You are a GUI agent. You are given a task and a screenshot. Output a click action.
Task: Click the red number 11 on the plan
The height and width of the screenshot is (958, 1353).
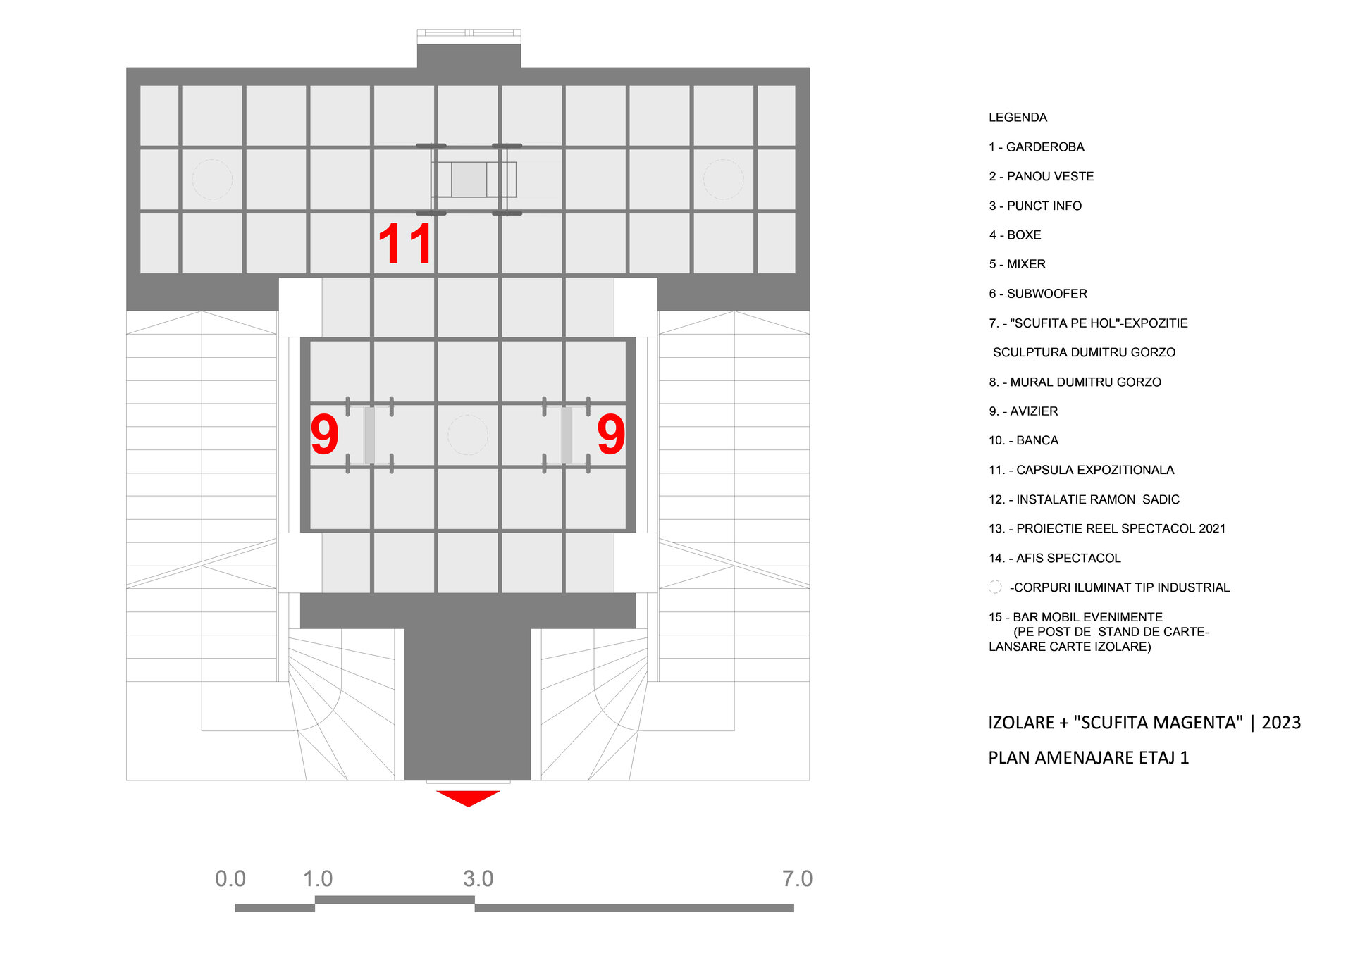(405, 244)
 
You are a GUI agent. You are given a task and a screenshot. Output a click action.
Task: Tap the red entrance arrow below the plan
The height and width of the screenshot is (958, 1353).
(468, 798)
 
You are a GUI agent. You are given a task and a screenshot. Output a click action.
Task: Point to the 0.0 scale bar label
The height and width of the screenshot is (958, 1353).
(230, 878)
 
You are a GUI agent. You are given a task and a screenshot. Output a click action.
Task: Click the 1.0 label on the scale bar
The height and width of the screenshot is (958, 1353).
(318, 878)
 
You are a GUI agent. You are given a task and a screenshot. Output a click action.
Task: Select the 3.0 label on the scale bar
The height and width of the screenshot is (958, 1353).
(478, 878)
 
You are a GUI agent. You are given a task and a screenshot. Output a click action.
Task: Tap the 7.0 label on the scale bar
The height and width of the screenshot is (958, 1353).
(798, 878)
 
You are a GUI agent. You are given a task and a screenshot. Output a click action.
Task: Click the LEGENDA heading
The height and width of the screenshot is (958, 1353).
(1018, 118)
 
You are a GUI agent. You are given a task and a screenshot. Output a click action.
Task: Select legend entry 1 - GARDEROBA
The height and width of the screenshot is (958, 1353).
(1037, 147)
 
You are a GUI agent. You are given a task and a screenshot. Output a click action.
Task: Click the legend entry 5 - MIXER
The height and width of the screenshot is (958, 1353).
(1018, 264)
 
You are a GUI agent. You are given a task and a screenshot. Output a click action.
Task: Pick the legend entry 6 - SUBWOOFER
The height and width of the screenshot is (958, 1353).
(1038, 294)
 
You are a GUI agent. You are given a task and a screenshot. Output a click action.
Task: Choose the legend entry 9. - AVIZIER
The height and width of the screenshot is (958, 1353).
(1023, 411)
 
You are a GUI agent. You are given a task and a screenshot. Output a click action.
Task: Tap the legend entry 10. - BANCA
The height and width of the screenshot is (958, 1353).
(1023, 440)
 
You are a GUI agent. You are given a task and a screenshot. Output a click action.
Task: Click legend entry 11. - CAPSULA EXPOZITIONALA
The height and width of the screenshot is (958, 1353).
(1082, 470)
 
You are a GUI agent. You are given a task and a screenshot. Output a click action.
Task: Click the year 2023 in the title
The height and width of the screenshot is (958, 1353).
(1281, 723)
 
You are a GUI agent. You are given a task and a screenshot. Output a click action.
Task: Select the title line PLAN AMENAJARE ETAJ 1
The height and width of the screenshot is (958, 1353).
(1089, 758)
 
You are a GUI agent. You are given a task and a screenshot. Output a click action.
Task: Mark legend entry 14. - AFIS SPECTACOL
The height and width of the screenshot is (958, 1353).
(1055, 558)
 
